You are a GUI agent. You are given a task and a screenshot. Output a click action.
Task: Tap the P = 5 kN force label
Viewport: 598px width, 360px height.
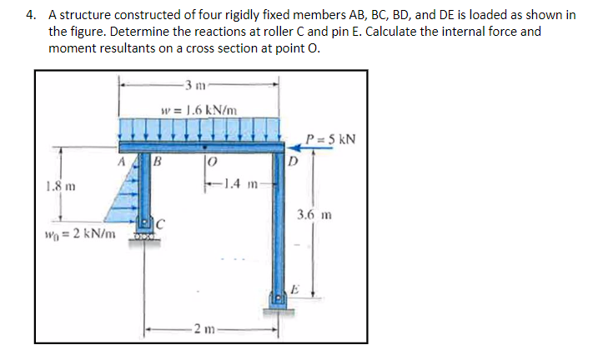[x=331, y=137]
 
